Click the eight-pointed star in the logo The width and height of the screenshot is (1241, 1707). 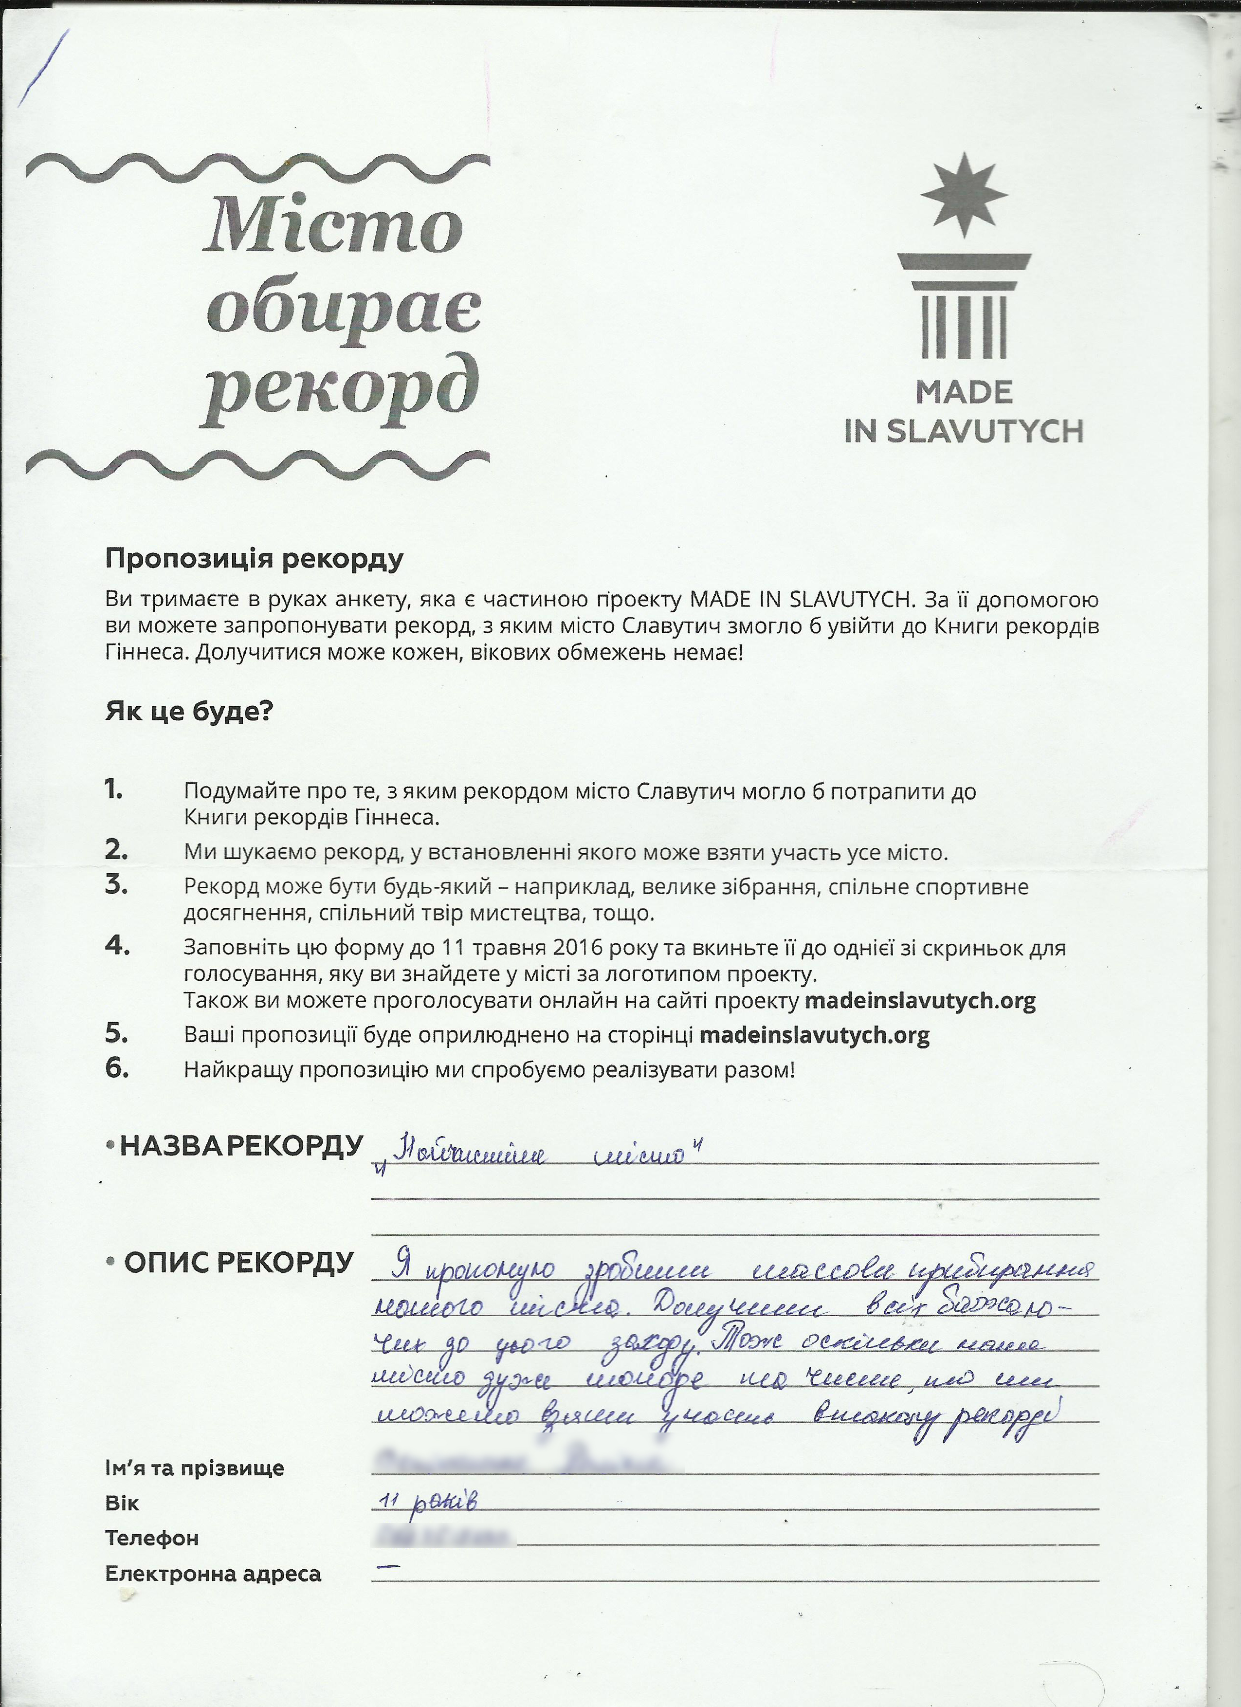coord(964,195)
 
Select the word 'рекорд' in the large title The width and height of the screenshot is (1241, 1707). coord(340,389)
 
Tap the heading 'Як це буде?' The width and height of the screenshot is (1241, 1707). coord(189,711)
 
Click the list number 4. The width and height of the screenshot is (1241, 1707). coord(117,945)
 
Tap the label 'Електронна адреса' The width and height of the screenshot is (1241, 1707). coord(213,1573)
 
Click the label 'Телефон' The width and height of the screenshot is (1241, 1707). coord(152,1538)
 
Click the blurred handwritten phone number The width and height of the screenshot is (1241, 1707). coord(444,1535)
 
